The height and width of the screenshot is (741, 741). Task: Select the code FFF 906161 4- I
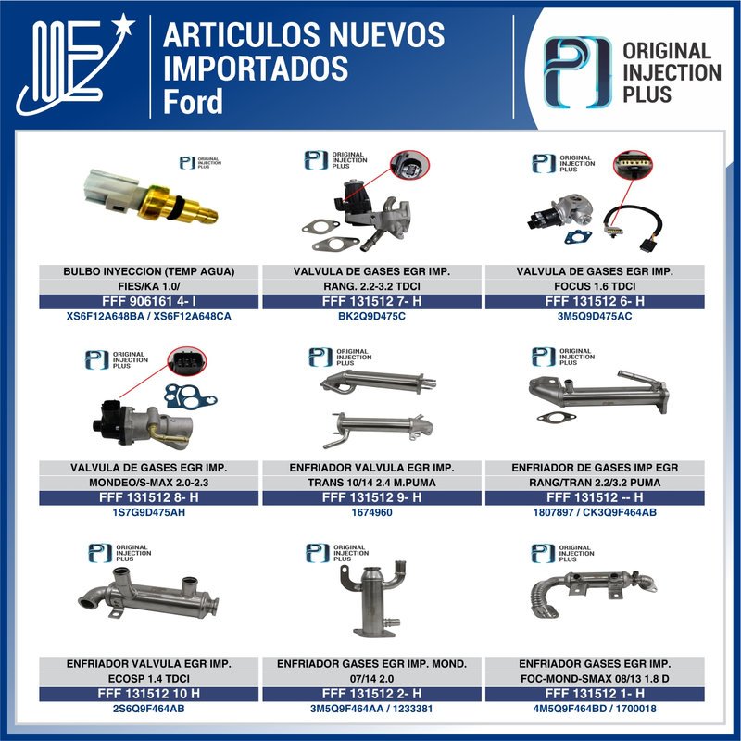click(x=148, y=302)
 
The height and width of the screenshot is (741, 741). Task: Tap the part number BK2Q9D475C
click(x=372, y=317)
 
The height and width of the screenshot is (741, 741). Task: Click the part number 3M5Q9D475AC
click(x=594, y=317)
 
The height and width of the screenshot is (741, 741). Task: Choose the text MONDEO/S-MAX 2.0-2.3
click(x=148, y=483)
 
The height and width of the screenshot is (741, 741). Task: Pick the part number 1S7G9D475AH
click(x=148, y=512)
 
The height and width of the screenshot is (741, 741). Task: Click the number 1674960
click(x=372, y=512)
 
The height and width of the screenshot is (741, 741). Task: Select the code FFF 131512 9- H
click(x=372, y=497)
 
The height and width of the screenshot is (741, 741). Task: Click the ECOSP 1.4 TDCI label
click(x=148, y=679)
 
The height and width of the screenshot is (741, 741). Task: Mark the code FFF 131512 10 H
click(x=148, y=694)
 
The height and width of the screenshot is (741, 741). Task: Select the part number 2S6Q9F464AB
click(x=148, y=709)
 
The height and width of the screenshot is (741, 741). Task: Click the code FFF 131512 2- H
click(x=372, y=694)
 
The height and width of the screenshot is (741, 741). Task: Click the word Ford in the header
click(x=194, y=101)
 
